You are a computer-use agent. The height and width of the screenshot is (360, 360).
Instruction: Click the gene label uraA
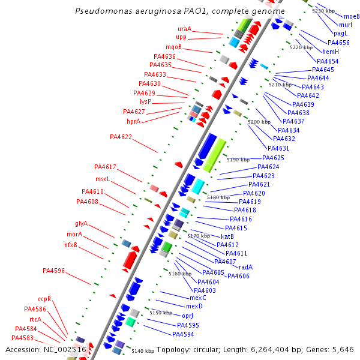(x=184, y=29)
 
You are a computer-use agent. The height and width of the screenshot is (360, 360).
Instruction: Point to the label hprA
(x=133, y=121)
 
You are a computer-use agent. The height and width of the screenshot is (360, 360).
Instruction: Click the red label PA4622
(x=121, y=137)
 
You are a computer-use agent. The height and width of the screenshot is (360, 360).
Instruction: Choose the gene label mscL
(x=103, y=179)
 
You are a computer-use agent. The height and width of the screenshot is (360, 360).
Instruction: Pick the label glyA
(x=81, y=223)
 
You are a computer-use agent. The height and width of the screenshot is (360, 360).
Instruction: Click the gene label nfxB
(x=71, y=245)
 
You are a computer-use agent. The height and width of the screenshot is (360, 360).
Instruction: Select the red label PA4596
(x=53, y=271)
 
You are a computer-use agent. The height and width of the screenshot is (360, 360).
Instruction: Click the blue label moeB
(x=352, y=16)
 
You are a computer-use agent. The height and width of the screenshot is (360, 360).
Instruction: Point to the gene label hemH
(x=331, y=52)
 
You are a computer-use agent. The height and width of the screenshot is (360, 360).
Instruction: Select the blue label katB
(x=227, y=236)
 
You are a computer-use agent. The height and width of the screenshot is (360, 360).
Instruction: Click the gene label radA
(x=245, y=267)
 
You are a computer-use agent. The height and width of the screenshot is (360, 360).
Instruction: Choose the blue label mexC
(x=197, y=298)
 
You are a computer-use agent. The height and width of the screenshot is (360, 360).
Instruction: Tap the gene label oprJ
(x=187, y=316)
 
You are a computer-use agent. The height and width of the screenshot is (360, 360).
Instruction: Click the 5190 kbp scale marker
(x=238, y=160)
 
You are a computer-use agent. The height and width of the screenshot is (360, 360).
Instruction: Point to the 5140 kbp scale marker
(x=143, y=351)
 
